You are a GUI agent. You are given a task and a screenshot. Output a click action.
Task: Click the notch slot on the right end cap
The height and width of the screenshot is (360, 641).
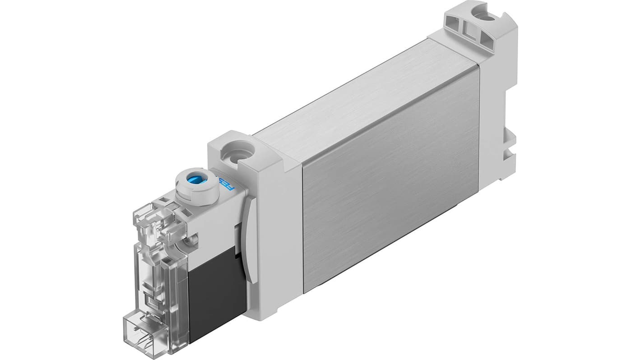coord(509,144)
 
